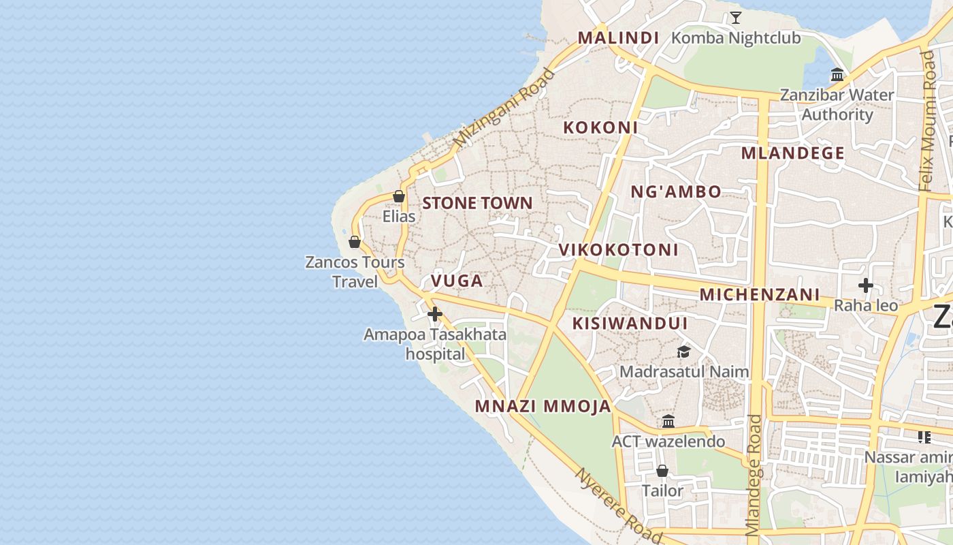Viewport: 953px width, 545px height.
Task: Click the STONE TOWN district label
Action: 477,203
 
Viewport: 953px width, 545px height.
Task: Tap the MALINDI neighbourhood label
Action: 618,37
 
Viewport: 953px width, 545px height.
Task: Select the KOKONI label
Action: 600,127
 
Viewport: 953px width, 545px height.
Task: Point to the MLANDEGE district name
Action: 792,153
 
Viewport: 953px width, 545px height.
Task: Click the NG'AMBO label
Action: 675,191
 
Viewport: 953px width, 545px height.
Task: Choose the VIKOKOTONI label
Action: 618,249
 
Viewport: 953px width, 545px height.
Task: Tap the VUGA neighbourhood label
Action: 457,281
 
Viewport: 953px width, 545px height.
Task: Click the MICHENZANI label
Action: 760,294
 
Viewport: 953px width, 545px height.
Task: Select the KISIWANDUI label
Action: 630,323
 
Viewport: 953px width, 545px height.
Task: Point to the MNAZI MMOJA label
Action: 543,407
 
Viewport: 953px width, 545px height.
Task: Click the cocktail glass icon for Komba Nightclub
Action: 735,17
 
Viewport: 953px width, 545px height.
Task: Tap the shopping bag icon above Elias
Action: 399,196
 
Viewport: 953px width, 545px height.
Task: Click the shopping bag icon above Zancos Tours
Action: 355,242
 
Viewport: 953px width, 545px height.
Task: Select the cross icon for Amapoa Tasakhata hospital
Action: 435,313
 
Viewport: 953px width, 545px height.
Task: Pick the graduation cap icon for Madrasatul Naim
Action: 683,352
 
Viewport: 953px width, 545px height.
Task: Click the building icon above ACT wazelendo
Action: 668,421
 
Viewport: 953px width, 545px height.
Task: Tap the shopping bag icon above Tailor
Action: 662,471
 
